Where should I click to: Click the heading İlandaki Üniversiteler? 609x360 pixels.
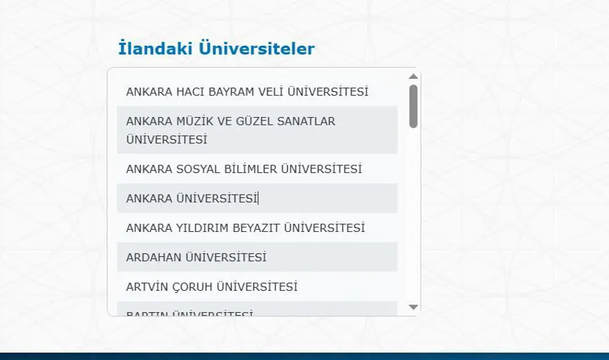click(x=217, y=48)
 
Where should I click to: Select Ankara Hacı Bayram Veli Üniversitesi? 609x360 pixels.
click(x=247, y=91)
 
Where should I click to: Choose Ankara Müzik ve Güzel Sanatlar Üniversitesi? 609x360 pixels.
click(x=230, y=129)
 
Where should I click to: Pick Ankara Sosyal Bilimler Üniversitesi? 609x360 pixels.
click(x=244, y=169)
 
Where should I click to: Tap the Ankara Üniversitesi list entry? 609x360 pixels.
click(x=192, y=199)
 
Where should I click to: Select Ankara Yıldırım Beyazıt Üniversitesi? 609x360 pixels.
click(x=245, y=228)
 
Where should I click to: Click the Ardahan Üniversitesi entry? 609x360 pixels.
click(x=196, y=258)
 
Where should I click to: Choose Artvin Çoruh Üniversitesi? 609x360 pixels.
click(x=211, y=287)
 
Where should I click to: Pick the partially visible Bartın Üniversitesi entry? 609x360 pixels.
click(x=190, y=314)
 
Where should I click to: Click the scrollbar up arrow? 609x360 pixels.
click(x=413, y=76)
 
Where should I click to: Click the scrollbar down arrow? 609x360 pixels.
click(x=413, y=307)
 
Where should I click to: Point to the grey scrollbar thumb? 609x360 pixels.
click(x=413, y=106)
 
